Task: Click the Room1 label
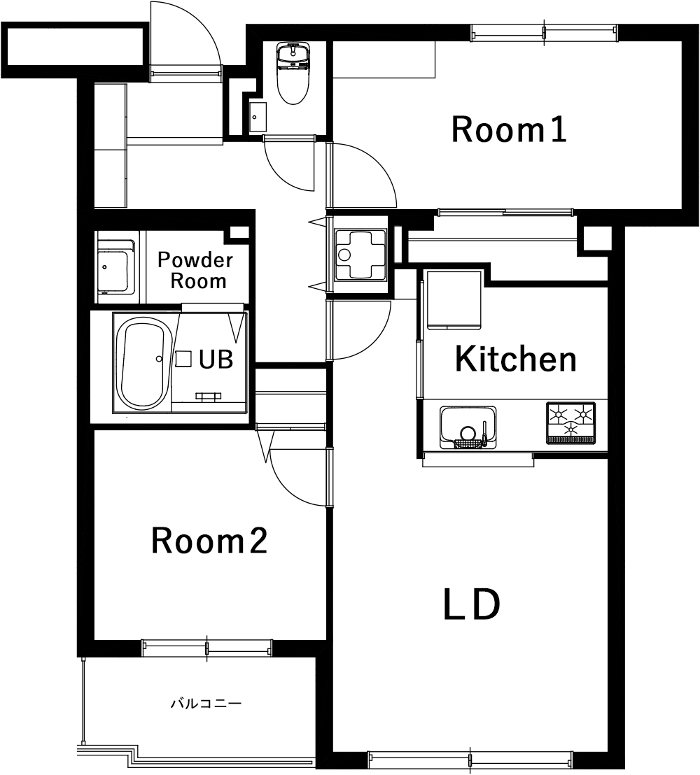coord(509,129)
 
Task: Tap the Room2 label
coord(209,541)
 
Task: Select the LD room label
coord(471,604)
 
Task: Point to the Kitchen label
coord(515,359)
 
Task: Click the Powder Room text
coord(196,271)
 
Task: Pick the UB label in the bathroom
coord(216,360)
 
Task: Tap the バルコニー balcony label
coord(206,703)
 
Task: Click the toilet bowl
coord(293,73)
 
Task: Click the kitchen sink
coord(468,427)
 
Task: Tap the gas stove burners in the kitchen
coord(570,422)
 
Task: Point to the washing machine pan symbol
coord(360,255)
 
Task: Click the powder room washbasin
coord(115,267)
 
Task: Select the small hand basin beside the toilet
coord(258,117)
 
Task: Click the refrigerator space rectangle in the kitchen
coord(454,300)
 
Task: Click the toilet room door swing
coord(280,176)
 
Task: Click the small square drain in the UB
coord(183,359)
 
